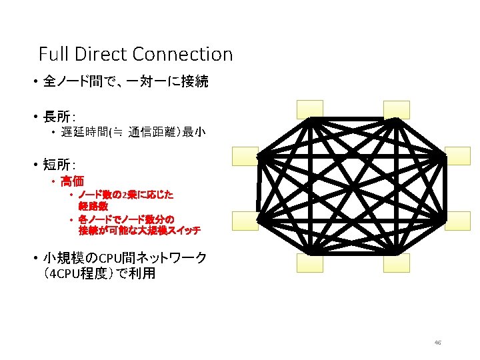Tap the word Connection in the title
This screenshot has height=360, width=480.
tap(183, 53)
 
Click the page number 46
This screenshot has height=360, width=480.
tap(437, 343)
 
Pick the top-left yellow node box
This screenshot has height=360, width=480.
tap(310, 109)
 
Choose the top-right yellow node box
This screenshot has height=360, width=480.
tap(397, 109)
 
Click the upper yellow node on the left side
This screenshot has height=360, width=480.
tap(245, 155)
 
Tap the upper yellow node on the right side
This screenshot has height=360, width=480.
tap(458, 155)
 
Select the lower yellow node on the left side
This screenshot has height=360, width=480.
tap(245, 219)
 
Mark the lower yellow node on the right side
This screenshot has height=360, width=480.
tap(458, 219)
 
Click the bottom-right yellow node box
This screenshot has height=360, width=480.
tap(397, 263)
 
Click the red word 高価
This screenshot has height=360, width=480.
tap(72, 181)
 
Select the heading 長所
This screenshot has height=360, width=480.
tap(57, 118)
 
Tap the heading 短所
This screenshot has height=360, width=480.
tap(57, 165)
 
